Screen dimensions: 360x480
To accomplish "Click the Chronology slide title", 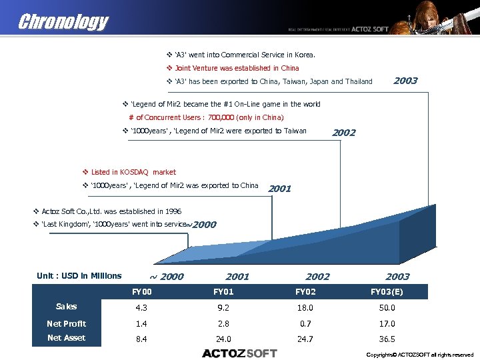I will (63, 21).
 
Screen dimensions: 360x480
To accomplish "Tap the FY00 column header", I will (143, 292).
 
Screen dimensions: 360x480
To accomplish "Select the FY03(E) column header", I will (387, 292).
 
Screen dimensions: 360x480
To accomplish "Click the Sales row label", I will (66, 307).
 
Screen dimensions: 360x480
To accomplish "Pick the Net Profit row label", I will (66, 323).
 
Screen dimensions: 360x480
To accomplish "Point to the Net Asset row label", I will (66, 338).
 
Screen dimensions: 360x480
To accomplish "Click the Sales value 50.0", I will (387, 308).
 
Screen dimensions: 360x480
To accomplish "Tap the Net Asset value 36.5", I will (387, 339).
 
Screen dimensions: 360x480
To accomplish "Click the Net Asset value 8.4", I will (143, 339).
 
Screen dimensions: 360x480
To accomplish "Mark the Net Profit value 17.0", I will (387, 323).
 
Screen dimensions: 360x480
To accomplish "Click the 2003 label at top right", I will (405, 81).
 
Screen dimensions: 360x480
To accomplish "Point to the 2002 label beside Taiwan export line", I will (343, 132).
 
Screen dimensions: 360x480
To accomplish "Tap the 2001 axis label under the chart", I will (237, 277).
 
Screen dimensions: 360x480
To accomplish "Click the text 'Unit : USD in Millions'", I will (79, 276).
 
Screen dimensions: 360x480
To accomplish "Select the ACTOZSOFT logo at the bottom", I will (239, 353).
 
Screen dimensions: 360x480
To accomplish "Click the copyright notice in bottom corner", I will (420, 355).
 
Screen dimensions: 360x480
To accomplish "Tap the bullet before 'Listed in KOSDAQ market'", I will (85, 172).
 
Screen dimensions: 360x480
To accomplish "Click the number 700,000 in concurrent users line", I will (222, 117).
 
